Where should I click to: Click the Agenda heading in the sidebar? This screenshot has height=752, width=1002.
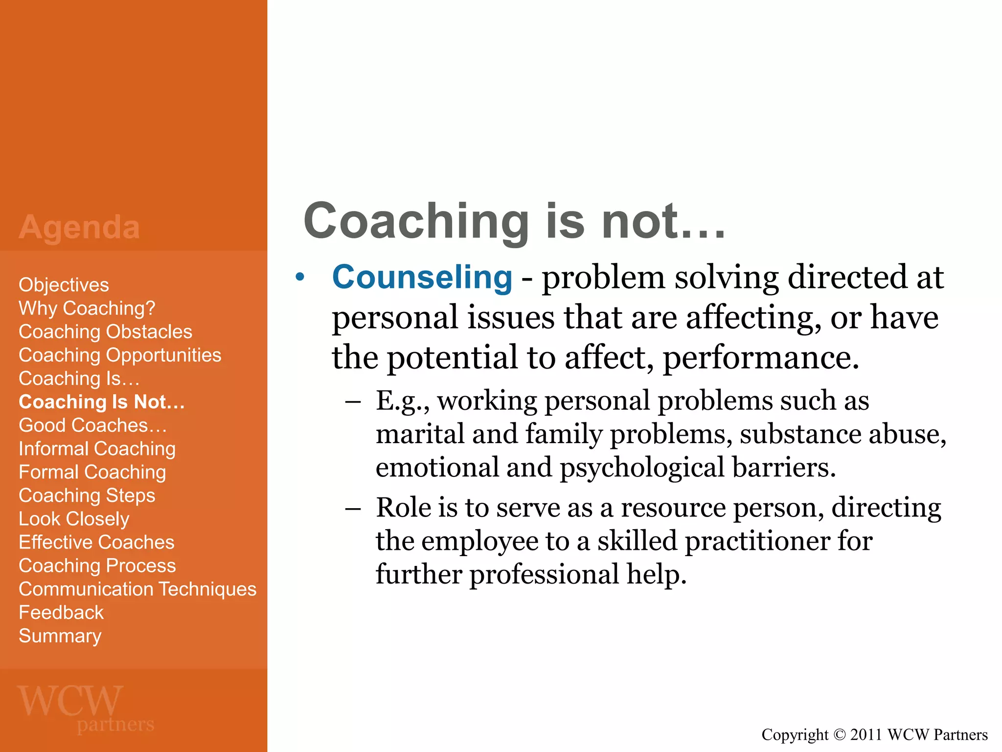[x=79, y=227]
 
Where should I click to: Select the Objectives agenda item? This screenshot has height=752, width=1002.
[x=64, y=285]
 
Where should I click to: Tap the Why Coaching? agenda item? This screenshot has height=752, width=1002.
[x=87, y=308]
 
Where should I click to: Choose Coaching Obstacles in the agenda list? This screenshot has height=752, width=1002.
[x=105, y=332]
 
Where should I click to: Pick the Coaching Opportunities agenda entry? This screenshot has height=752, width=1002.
[x=120, y=355]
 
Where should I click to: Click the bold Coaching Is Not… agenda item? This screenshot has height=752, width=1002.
[x=102, y=402]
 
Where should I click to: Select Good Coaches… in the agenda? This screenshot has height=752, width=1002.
[x=92, y=425]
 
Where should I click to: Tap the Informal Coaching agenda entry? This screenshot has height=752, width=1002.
[x=97, y=449]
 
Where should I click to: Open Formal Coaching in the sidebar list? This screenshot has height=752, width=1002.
[x=92, y=472]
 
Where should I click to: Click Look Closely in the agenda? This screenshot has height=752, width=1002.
[x=74, y=519]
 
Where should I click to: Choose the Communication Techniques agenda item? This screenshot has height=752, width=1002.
[x=137, y=589]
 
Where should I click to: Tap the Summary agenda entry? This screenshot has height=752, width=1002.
[x=60, y=636]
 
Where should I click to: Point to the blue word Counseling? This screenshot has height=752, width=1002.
[x=422, y=277]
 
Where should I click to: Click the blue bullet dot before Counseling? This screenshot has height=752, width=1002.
[x=300, y=278]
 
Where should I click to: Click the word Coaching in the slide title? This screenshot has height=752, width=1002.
[x=416, y=221]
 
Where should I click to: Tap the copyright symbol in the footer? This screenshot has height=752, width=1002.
[x=839, y=734]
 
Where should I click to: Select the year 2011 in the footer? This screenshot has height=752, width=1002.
[x=866, y=734]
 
